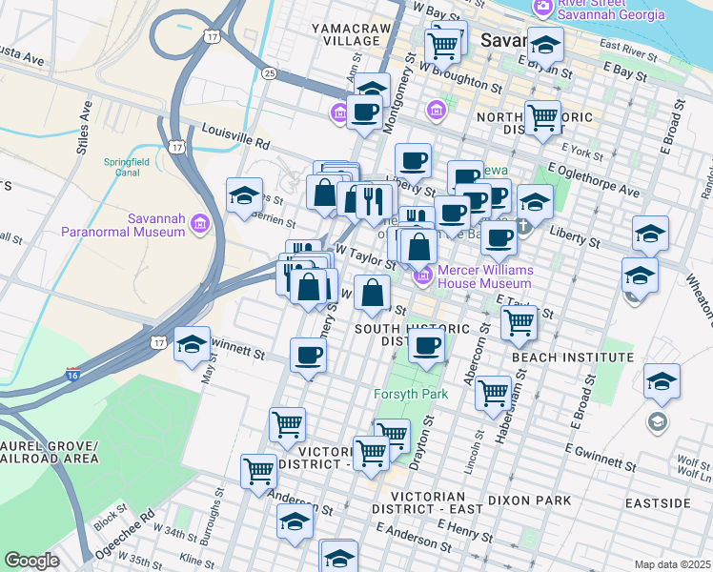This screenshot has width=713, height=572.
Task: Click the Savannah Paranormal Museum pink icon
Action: [199, 224]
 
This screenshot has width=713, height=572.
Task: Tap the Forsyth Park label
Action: [413, 393]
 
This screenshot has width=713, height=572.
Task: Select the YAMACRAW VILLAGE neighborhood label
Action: [351, 35]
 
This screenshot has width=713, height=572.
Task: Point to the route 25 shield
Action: [270, 72]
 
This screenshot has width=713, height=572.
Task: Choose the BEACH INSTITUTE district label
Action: [572, 357]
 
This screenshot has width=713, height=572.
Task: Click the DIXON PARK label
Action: [528, 500]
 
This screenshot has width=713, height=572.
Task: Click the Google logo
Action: [31, 561]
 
